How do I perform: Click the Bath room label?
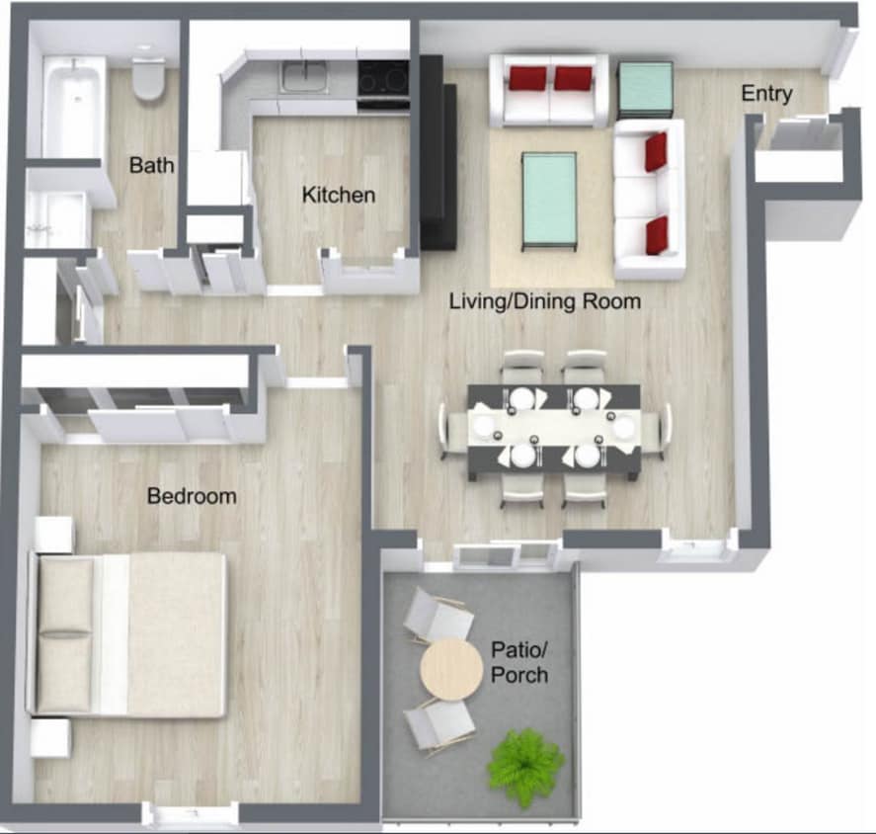coord(151,165)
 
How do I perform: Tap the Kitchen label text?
coord(339,195)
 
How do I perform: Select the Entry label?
coord(766,94)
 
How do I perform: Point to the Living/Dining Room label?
coord(545,300)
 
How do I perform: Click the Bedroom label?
coord(192,495)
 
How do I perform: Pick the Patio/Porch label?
coord(519,663)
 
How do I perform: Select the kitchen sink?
coord(304,75)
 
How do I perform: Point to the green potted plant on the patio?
coord(526,764)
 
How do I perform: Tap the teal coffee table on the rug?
coord(548,199)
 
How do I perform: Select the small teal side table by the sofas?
coord(645,88)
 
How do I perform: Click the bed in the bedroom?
coord(130,633)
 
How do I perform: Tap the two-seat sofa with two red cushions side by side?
coord(549,90)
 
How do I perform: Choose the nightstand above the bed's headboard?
coord(54,535)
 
